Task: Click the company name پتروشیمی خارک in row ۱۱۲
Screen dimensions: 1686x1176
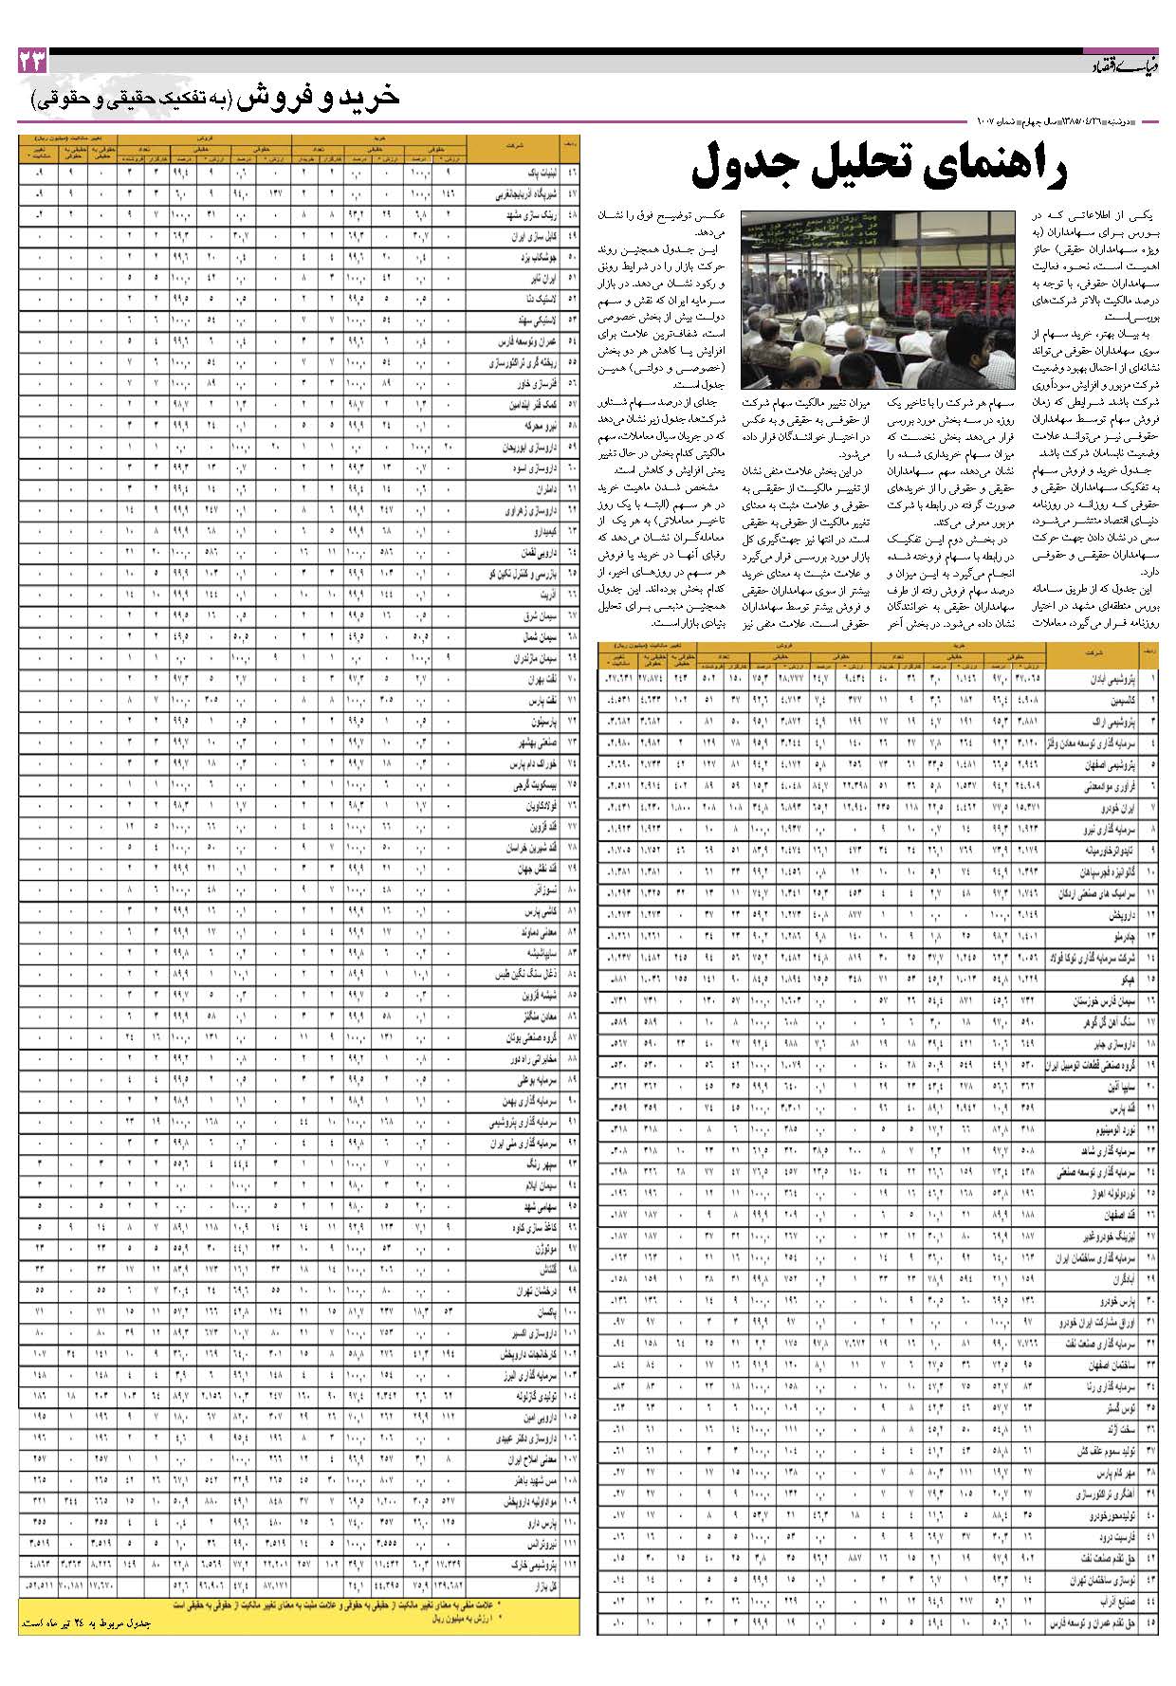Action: pos(532,1565)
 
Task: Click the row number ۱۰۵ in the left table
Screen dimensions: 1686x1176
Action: pos(570,1416)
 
